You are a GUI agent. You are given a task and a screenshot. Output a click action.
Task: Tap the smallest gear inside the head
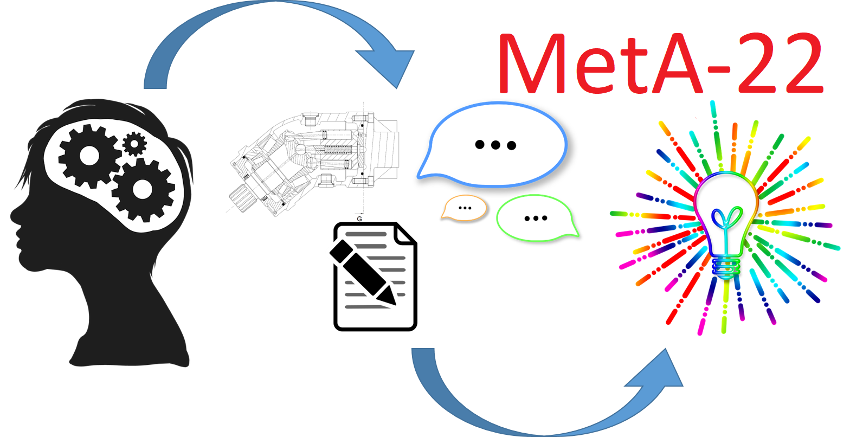tap(134, 144)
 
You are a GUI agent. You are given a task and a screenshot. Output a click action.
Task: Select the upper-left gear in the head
tap(89, 156)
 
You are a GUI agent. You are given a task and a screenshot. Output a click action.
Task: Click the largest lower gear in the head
tap(143, 189)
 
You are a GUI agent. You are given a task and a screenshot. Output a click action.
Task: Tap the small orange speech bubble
tap(464, 208)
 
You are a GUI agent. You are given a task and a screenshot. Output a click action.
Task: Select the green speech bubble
tap(536, 217)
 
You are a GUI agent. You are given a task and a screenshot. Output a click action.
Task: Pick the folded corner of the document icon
tap(405, 234)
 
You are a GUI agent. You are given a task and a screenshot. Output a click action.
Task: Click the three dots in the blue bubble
tap(495, 145)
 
